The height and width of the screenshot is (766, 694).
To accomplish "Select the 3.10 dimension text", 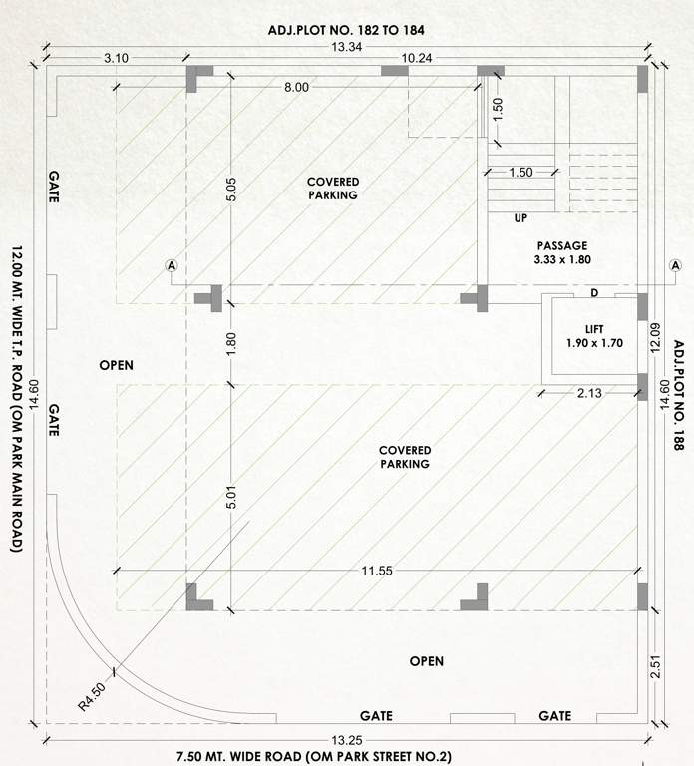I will click(116, 59).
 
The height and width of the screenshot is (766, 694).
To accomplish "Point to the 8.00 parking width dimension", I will click(296, 88).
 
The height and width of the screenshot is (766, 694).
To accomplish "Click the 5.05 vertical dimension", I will click(231, 191).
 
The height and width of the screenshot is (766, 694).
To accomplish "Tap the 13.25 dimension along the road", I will click(347, 739).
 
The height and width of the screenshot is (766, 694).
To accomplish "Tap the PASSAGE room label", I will click(562, 245).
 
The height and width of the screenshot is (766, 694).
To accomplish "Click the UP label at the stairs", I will click(520, 217).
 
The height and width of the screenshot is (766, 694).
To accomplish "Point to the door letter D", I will click(594, 292).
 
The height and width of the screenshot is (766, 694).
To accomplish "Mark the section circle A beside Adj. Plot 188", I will click(672, 266).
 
